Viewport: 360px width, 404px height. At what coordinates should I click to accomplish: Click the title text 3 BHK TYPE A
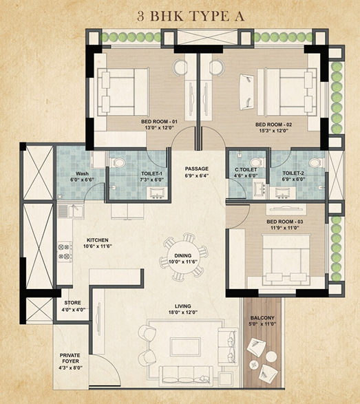point(191,16)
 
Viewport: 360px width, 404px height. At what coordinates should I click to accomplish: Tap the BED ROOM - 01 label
point(159,121)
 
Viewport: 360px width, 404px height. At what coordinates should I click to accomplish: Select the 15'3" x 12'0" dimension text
point(273,131)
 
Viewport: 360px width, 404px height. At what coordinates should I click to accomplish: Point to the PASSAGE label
point(197,169)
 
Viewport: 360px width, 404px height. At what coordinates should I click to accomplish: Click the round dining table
point(183,258)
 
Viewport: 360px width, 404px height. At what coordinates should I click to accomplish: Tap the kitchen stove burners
point(65,251)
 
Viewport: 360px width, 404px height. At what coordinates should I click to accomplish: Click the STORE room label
point(73,303)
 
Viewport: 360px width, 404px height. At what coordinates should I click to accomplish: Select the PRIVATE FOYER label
point(70,358)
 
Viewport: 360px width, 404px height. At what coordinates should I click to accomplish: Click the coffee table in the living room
point(185,347)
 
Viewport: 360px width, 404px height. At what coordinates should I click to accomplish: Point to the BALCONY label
point(262,318)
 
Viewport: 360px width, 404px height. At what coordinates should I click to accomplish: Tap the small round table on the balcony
point(271,357)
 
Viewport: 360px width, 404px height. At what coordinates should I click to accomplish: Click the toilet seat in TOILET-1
point(118,163)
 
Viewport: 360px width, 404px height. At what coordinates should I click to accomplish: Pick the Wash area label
point(82,173)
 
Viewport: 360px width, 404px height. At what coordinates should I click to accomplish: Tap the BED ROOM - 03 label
point(285,222)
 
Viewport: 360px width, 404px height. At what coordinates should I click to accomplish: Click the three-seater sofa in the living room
point(186,374)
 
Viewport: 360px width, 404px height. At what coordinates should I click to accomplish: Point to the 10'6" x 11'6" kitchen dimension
point(98,246)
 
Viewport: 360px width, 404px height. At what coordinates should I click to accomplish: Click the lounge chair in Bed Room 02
point(246,89)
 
